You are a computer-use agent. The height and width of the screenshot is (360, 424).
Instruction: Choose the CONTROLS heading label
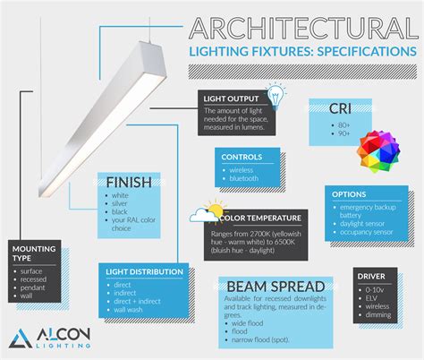pyautogui.click(x=242, y=157)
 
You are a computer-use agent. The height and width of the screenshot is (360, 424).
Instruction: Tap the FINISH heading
pyautogui.click(x=128, y=182)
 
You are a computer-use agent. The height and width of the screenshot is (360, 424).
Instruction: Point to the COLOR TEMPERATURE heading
pyautogui.click(x=259, y=217)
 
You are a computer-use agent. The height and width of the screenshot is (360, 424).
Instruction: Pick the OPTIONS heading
pyautogui.click(x=350, y=194)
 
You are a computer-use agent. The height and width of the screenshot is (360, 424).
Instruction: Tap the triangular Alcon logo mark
pyautogui.click(x=21, y=339)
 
